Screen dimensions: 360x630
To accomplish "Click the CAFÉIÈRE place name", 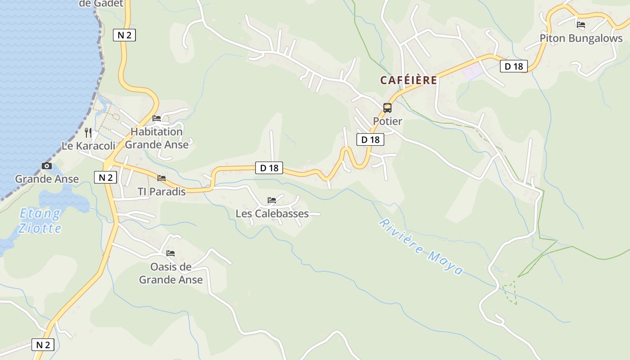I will (409, 80).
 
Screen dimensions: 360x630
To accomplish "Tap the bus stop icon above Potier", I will (387, 108).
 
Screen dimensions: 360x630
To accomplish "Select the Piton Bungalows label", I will (581, 38).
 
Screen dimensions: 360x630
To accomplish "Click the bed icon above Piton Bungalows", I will (581, 25).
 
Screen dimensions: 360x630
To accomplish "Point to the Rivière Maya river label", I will (421, 246).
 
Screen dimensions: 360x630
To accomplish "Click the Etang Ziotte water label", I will (40, 220).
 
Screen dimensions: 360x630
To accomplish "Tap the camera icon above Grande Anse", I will (46, 166).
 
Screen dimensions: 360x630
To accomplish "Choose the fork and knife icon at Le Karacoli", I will (88, 132).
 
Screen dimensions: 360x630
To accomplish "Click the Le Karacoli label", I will (89, 146).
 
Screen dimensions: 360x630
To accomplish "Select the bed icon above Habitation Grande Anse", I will (157, 118).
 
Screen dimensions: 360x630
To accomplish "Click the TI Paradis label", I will (162, 192).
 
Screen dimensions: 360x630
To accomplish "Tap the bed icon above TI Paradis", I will (162, 178).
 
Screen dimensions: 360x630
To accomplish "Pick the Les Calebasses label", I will (272, 213).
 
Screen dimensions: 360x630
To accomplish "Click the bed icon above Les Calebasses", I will (272, 200).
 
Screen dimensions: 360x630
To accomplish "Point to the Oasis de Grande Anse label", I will (171, 273).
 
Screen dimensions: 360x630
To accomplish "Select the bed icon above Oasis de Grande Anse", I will (171, 253).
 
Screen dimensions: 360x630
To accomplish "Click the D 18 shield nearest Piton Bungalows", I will (513, 67).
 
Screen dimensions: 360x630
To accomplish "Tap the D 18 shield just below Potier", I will (370, 139).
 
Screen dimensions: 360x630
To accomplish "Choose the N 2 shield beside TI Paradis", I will (105, 177).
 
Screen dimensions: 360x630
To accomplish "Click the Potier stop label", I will (387, 121).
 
